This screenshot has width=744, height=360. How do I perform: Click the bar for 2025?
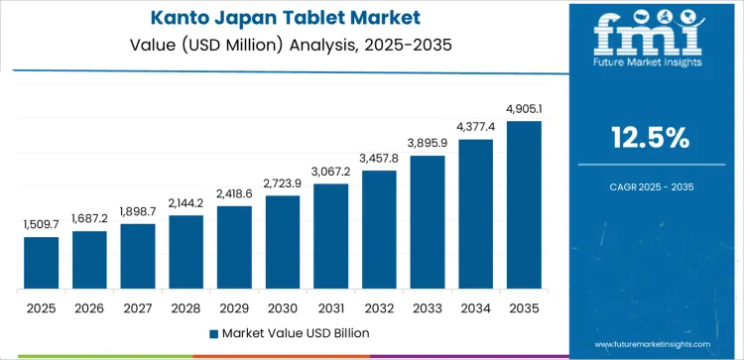click(42, 263)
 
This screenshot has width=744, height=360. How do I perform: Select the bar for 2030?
click(283, 242)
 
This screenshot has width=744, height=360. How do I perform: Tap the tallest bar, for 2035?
click(524, 205)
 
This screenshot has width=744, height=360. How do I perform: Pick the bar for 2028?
click(186, 252)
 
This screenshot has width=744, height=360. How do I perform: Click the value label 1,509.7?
click(42, 226)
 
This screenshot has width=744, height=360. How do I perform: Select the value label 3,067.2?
click(331, 173)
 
